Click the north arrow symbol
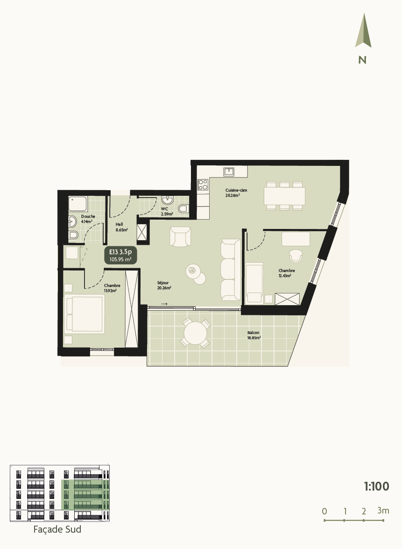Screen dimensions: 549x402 click(x=363, y=32)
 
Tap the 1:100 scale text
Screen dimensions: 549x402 click(x=376, y=486)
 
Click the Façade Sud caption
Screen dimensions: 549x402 click(x=57, y=529)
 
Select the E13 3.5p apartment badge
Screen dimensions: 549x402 click(x=120, y=255)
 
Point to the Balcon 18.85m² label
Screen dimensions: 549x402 click(x=254, y=335)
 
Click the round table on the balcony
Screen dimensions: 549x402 click(x=195, y=333)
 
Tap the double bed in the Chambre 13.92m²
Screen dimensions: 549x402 click(x=85, y=314)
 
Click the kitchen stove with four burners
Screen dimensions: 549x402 click(x=203, y=185)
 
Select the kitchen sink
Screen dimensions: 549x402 click(x=229, y=172)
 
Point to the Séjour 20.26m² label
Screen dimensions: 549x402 click(x=163, y=285)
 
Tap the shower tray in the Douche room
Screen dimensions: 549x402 click(x=78, y=204)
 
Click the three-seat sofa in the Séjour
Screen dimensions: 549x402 click(x=229, y=270)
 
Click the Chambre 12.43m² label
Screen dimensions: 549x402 click(x=286, y=273)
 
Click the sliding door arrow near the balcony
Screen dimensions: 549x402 click(x=164, y=304)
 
